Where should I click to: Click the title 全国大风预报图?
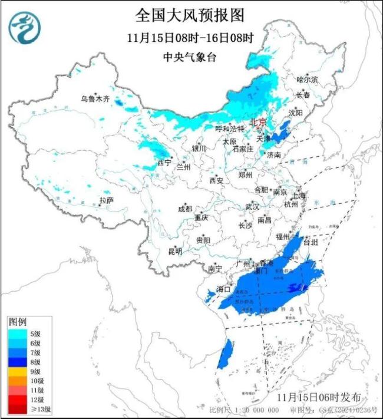(x=189, y=14)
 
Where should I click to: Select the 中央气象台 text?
(x=189, y=57)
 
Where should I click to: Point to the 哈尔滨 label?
(x=307, y=79)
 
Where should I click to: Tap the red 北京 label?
(x=258, y=123)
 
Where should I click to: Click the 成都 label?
(x=185, y=209)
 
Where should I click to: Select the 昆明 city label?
(x=175, y=251)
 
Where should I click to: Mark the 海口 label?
(x=223, y=289)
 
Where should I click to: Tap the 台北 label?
(x=311, y=242)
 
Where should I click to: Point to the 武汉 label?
(x=252, y=207)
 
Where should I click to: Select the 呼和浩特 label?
(x=229, y=128)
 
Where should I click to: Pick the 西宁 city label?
(x=164, y=162)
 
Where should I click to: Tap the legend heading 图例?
(x=17, y=322)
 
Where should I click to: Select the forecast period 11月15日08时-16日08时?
(x=189, y=38)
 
